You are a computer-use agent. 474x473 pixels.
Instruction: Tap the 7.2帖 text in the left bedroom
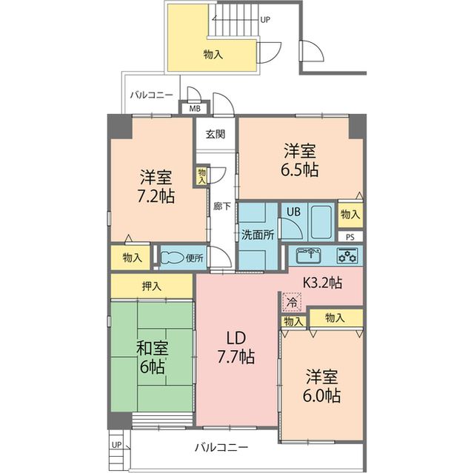click(x=156, y=198)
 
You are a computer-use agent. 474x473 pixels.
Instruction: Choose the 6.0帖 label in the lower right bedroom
click(x=321, y=395)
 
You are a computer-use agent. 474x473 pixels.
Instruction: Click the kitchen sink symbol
click(x=309, y=256)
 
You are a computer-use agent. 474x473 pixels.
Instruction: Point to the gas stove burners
click(x=347, y=256)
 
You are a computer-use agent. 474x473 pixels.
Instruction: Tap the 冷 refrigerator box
click(x=292, y=302)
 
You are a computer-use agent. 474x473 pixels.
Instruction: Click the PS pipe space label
click(x=350, y=237)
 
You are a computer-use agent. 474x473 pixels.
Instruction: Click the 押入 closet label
click(x=153, y=285)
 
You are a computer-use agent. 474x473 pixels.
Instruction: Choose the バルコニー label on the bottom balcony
click(x=221, y=447)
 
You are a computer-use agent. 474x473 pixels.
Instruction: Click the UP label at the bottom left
click(x=116, y=445)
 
